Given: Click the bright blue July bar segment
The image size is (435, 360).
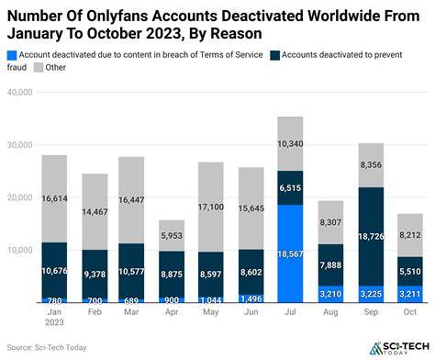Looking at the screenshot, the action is pos(290,253).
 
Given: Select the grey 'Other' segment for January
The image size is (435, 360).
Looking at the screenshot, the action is pos(54,198).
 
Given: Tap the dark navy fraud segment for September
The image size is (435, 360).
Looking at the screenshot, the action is pos(371,237).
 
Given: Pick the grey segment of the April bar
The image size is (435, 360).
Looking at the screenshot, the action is pos(172,235).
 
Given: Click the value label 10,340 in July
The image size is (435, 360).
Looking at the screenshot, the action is pos(290,143).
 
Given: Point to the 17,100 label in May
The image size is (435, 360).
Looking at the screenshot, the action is pos(211,208).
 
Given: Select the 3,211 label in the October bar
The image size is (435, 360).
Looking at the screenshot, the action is pos(410,294).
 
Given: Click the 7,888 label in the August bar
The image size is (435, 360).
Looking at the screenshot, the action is pos(330,264).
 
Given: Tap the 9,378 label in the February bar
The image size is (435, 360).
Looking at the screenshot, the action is pos(95,275).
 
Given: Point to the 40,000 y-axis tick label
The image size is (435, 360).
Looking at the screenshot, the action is pos(19,92).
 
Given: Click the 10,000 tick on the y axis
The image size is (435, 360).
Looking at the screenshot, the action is pos(19,250).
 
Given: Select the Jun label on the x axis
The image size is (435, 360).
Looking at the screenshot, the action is pos(251,312).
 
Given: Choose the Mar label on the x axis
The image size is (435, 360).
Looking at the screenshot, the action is pos(131,312).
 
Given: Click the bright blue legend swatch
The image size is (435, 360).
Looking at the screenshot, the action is pos(12,55).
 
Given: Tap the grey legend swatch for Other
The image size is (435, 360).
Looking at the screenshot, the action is pos(39,67).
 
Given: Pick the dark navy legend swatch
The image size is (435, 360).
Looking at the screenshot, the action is pos(275,55).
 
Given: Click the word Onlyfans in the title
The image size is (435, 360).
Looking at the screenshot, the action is pos(117,16).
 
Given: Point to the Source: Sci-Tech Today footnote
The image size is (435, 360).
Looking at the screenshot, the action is pos(47,347).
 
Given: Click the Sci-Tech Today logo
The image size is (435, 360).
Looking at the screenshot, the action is pos(399,348).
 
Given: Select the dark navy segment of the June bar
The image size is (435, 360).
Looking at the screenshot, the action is pos(251,272).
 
